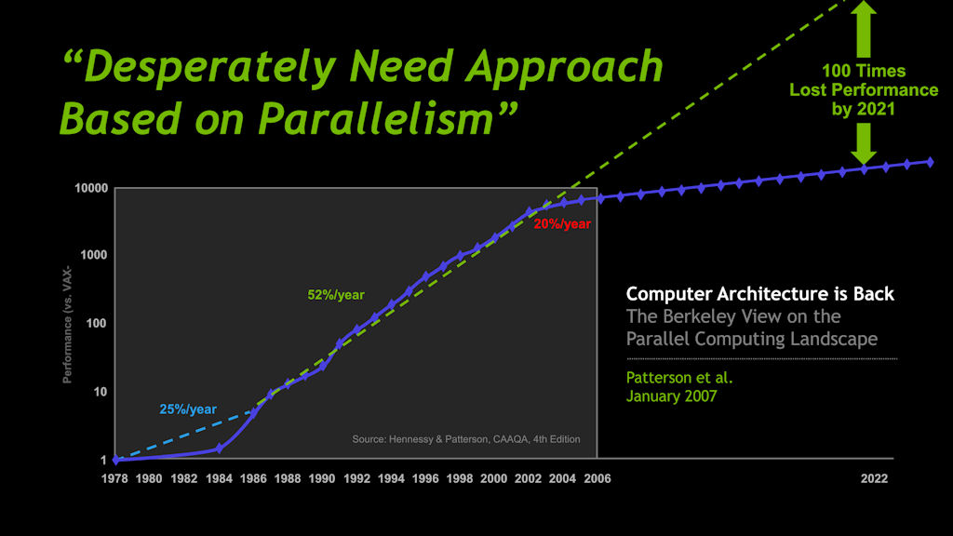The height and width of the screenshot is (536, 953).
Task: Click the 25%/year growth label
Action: click(x=188, y=409)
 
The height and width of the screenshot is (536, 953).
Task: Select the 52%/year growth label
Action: click(x=336, y=295)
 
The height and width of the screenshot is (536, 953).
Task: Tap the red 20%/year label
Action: click(x=562, y=223)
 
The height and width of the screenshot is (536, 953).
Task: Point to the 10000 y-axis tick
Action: click(x=90, y=189)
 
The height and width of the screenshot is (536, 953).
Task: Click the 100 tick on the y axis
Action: click(x=98, y=324)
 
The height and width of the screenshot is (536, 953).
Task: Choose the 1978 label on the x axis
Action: click(x=116, y=478)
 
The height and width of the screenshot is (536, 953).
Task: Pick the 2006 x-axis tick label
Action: click(x=597, y=478)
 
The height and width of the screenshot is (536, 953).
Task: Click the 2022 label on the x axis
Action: click(x=874, y=478)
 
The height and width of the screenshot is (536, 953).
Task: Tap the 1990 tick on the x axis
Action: click(x=322, y=478)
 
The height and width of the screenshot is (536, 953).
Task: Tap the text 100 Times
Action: click(x=864, y=71)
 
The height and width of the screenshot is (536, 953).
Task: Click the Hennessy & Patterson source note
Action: click(x=465, y=439)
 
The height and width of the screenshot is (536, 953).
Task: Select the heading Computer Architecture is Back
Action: click(x=759, y=294)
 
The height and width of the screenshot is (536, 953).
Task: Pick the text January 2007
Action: click(x=671, y=396)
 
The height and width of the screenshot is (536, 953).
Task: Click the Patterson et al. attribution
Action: click(x=673, y=379)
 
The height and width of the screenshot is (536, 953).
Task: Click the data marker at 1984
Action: click(x=219, y=448)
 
